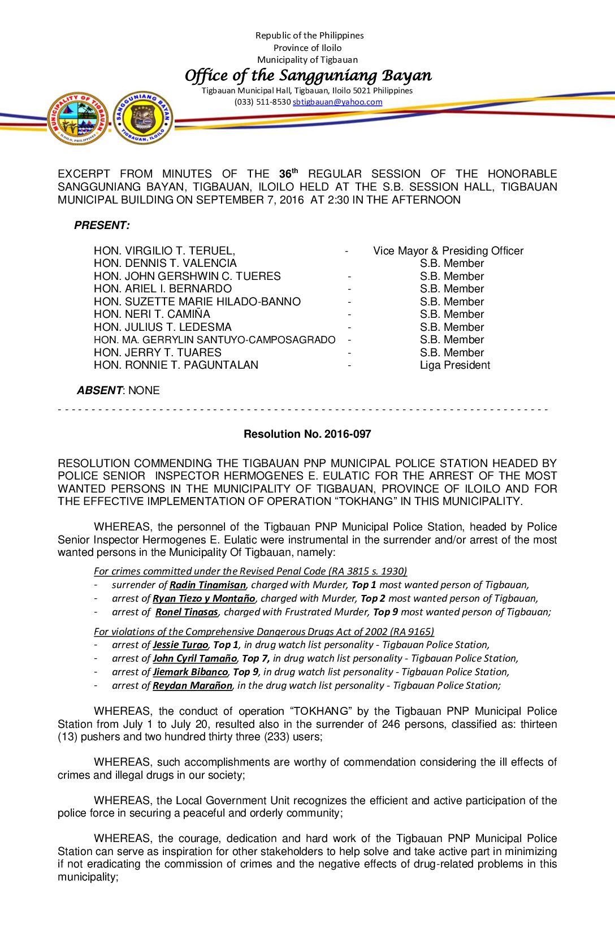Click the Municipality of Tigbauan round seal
pyautogui.click(x=78, y=119)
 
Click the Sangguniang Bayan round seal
pyautogui.click(x=143, y=118)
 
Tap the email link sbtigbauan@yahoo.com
pyautogui.click(x=337, y=102)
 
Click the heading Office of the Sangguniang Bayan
pyautogui.click(x=308, y=76)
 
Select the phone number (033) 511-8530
pyautogui.click(x=262, y=102)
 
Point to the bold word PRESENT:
pyautogui.click(x=102, y=226)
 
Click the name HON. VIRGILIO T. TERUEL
pyautogui.click(x=164, y=251)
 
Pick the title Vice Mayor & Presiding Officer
pyautogui.click(x=448, y=251)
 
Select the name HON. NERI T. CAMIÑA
pyautogui.click(x=151, y=314)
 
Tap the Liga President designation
pyautogui.click(x=455, y=365)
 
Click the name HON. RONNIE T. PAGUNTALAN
pyautogui.click(x=176, y=365)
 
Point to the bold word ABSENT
pyautogui.click(x=99, y=391)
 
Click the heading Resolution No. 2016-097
pyautogui.click(x=307, y=434)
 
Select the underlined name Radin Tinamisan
pyautogui.click(x=207, y=585)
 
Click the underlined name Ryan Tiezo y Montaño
pyautogui.click(x=204, y=599)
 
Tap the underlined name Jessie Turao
pyautogui.click(x=180, y=645)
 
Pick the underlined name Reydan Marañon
pyautogui.click(x=192, y=686)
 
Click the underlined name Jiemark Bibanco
pyautogui.click(x=190, y=672)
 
